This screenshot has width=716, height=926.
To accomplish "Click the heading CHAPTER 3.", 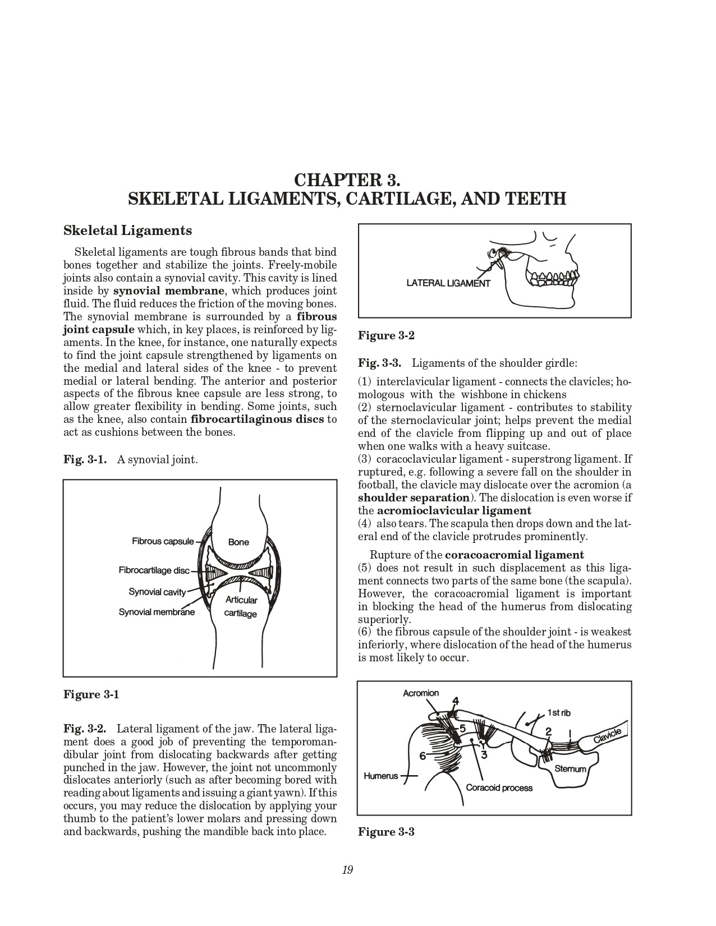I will [x=347, y=180].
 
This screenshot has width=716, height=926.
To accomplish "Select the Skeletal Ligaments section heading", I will [x=127, y=231].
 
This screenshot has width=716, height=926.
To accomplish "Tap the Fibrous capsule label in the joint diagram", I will [x=163, y=541].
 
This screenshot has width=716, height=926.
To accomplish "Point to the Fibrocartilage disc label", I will [x=154, y=570].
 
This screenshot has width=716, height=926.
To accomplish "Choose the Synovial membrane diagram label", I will [x=157, y=612].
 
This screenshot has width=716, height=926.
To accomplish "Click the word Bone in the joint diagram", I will [x=238, y=542].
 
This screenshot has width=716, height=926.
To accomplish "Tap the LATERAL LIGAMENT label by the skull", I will [x=448, y=283].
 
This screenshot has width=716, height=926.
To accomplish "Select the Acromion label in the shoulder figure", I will [x=421, y=693].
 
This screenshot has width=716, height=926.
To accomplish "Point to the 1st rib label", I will [x=559, y=713].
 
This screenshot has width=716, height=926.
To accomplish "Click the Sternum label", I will [x=570, y=769].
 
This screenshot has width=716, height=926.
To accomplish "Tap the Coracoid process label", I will [x=499, y=787].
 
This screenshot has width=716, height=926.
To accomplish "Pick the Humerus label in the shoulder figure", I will [x=380, y=776].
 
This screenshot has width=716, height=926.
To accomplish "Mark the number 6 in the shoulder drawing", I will [x=423, y=755].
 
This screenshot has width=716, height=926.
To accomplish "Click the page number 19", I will [x=347, y=870].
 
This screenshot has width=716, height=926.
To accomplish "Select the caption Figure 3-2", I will [x=386, y=335].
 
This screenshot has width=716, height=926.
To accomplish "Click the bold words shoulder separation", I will [x=414, y=497].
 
